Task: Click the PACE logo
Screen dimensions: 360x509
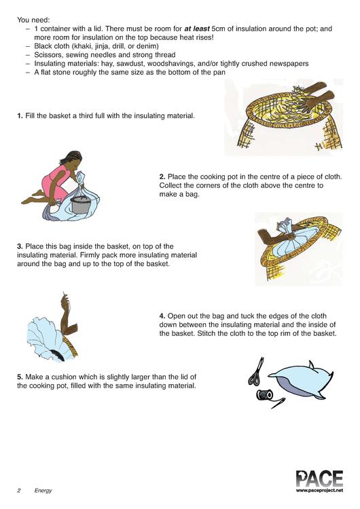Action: tap(319, 479)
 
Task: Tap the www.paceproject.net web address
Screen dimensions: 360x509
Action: tap(319, 491)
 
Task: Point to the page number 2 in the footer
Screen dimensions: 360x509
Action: tap(19, 491)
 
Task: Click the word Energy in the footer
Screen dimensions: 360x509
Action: tap(43, 491)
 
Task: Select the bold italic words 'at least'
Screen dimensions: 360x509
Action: tap(196, 29)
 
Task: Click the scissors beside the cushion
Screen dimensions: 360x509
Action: tap(256, 371)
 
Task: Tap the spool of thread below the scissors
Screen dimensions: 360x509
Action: tap(265, 395)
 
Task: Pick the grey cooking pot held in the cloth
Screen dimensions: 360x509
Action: tap(79, 204)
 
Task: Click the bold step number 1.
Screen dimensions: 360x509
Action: tap(20, 116)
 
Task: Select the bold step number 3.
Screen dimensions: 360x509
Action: tap(20, 246)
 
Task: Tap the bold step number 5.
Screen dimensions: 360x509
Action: tap(20, 377)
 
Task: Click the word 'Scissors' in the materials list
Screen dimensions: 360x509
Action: tap(49, 55)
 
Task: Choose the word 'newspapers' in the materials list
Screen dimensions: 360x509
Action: tap(291, 64)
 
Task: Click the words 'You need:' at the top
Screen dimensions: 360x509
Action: tap(33, 20)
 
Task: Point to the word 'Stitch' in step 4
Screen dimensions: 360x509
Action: tap(206, 333)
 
